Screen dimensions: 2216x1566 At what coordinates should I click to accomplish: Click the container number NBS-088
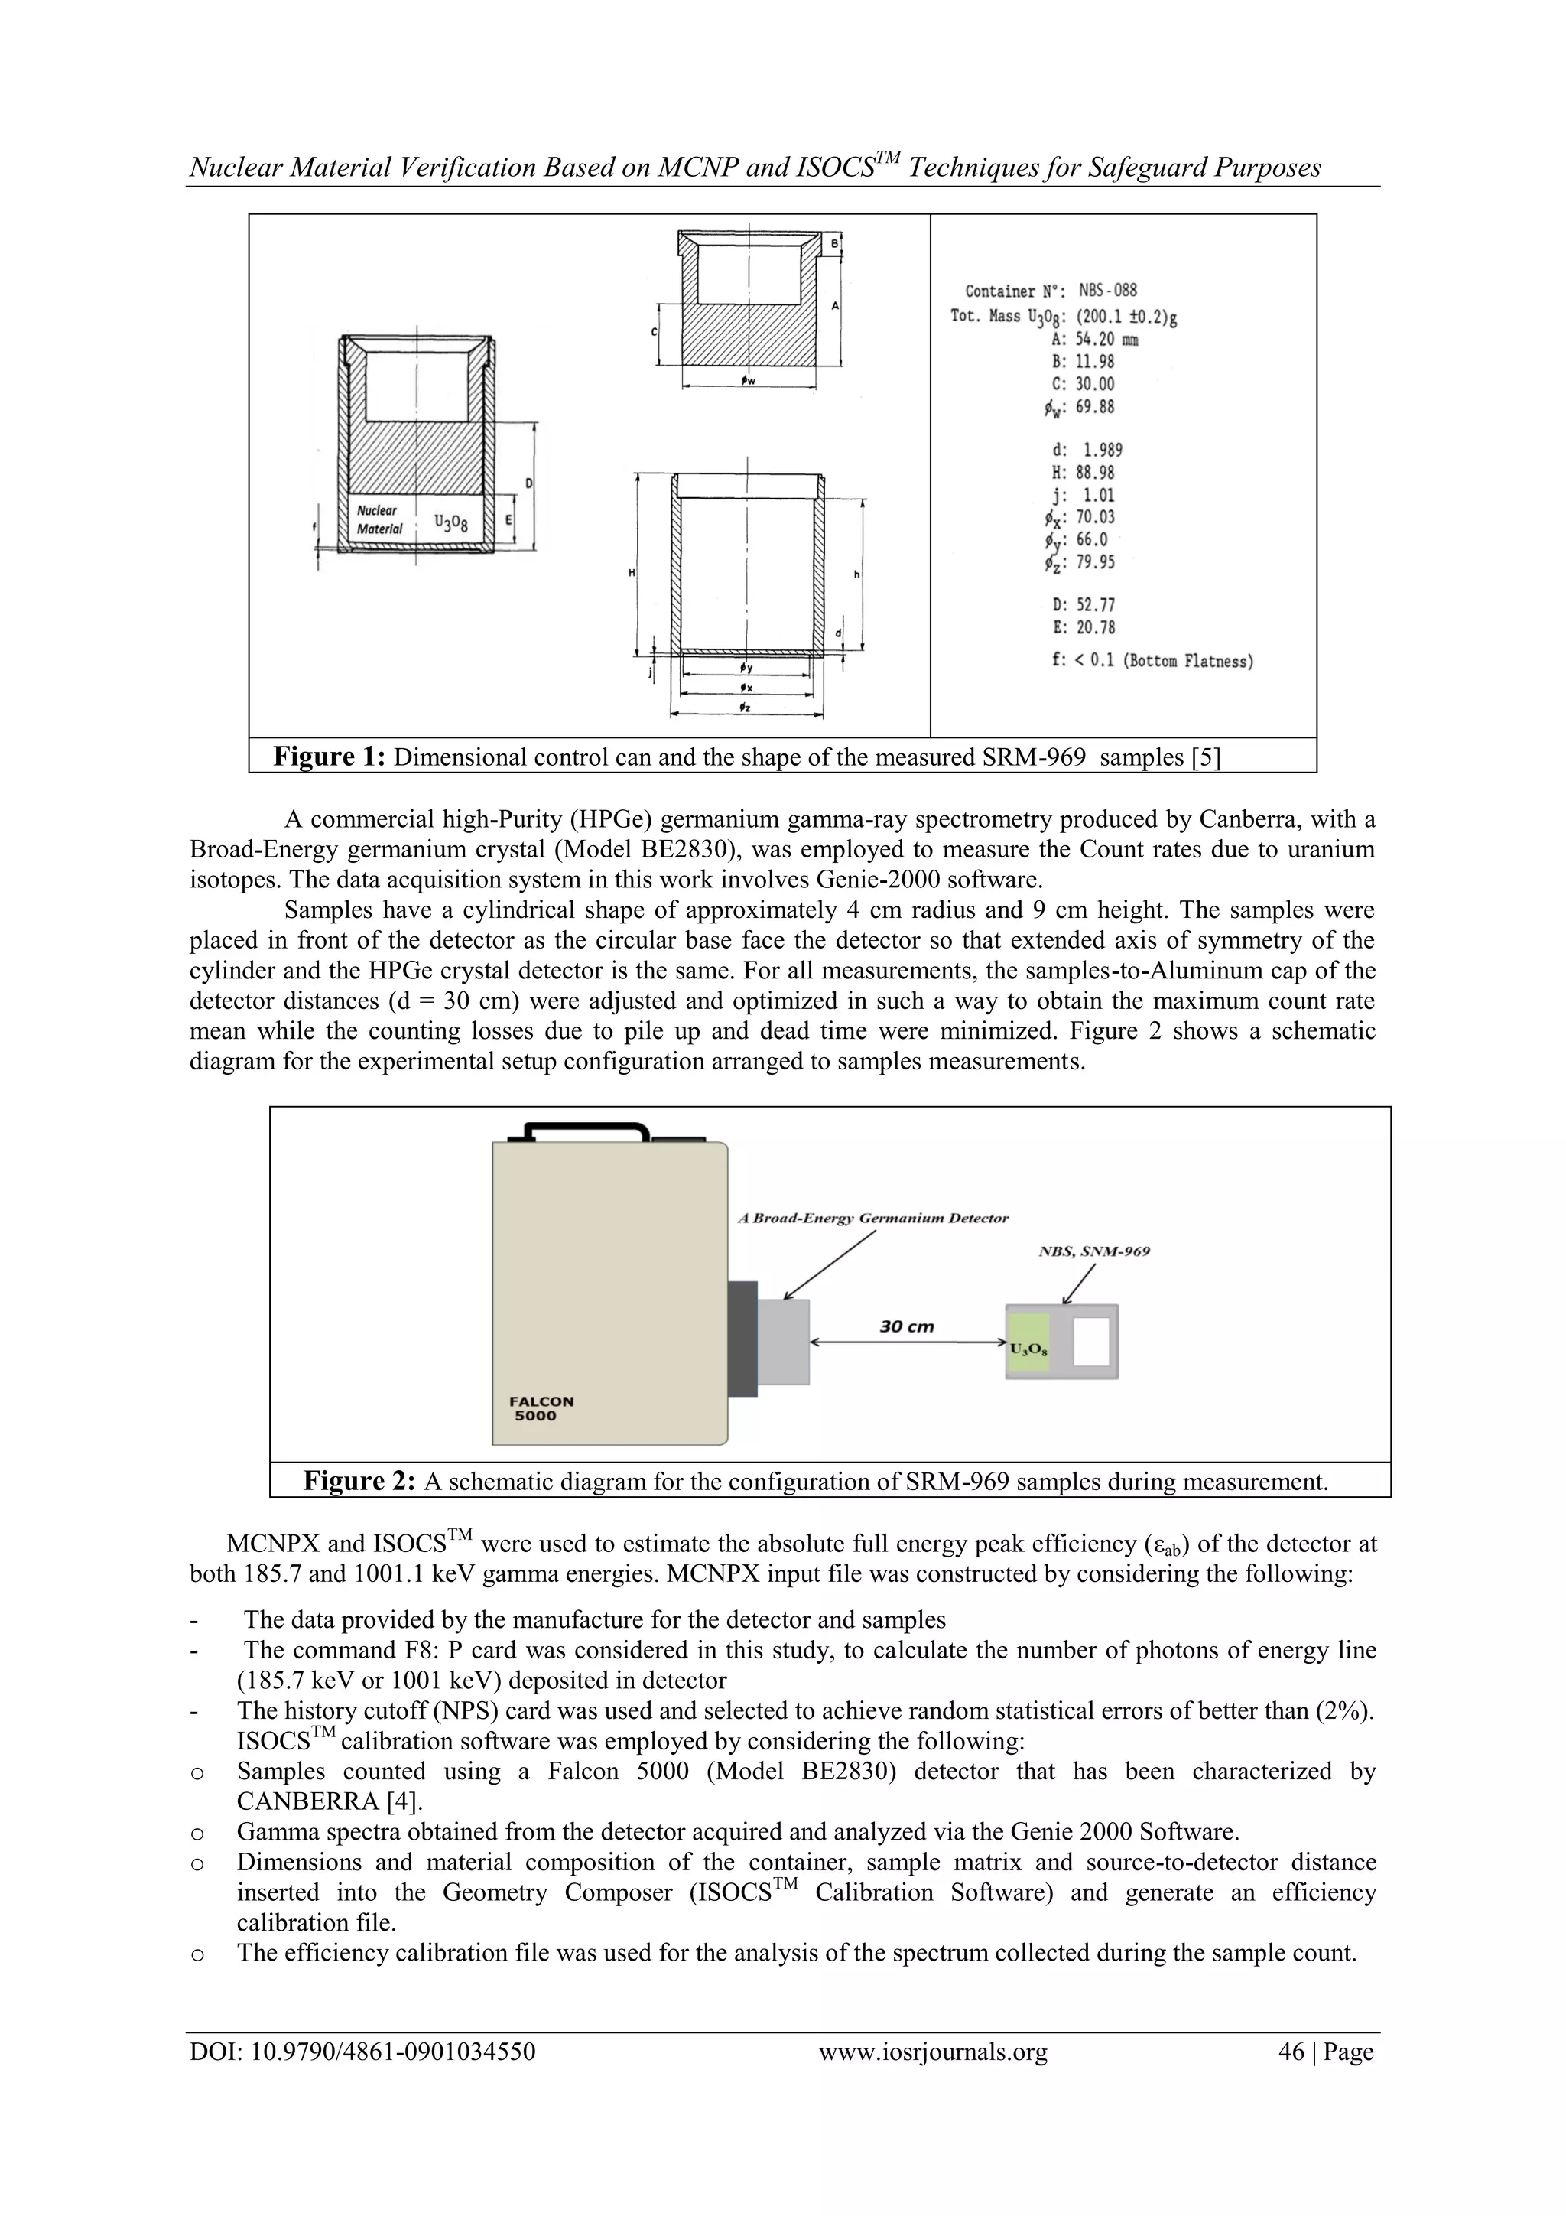pyautogui.click(x=1108, y=290)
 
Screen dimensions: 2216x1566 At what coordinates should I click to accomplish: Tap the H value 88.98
pyautogui.click(x=1095, y=472)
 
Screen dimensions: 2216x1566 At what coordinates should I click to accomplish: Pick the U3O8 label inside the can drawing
pyautogui.click(x=450, y=522)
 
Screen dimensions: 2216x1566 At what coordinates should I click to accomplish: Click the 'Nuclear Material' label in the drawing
pyautogui.click(x=379, y=519)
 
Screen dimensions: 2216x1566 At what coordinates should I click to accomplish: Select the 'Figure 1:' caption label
pyautogui.click(x=329, y=757)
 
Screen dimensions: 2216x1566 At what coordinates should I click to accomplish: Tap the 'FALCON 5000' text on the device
pyautogui.click(x=541, y=1408)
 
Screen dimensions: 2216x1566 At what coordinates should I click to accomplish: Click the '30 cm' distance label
pyautogui.click(x=906, y=1326)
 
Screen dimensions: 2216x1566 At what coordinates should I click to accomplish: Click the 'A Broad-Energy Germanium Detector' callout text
pyautogui.click(x=873, y=1218)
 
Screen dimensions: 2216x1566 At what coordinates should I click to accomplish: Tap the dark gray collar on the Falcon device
pyautogui.click(x=742, y=1338)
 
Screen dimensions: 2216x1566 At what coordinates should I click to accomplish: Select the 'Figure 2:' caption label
pyautogui.click(x=359, y=1481)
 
